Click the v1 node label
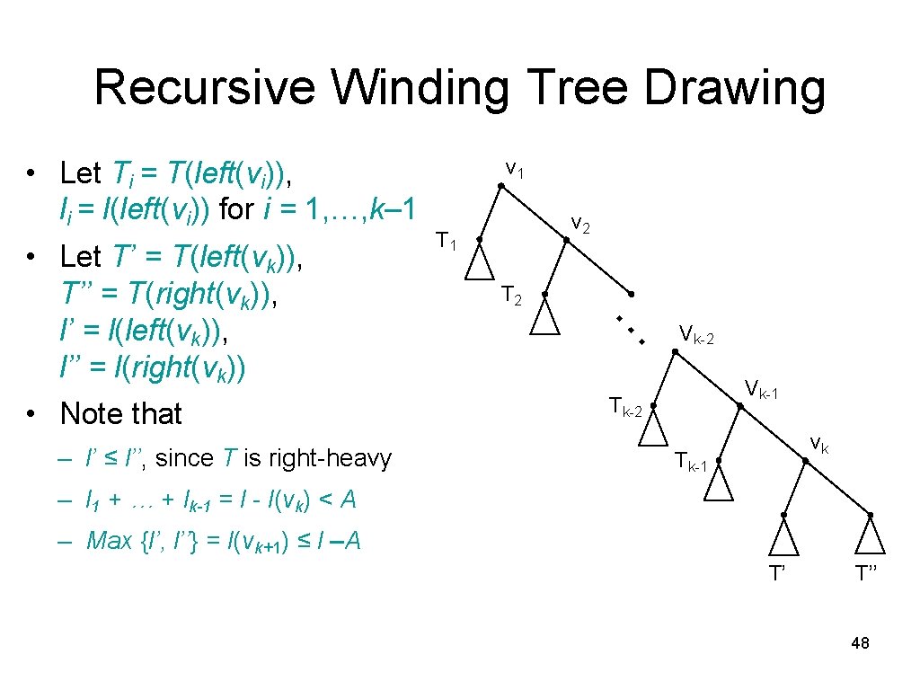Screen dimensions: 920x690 coord(516,167)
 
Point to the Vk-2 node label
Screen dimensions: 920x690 coord(697,336)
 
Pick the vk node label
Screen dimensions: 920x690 coord(818,442)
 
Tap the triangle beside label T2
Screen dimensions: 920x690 coord(544,317)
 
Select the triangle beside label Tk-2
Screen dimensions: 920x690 coord(653,430)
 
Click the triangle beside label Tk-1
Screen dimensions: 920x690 coord(719,484)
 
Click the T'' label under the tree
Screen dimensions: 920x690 coord(868,573)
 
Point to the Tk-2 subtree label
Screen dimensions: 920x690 coord(624,406)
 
